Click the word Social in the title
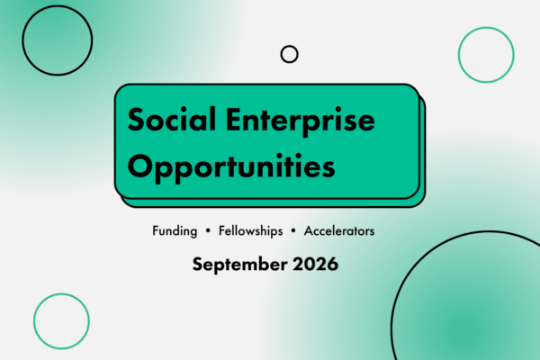click(x=172, y=119)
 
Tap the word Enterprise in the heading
click(x=301, y=121)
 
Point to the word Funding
click(x=175, y=231)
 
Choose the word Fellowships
click(x=251, y=231)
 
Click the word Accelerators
click(x=339, y=230)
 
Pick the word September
click(x=239, y=265)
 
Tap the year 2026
click(x=316, y=264)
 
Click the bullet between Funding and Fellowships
click(x=208, y=231)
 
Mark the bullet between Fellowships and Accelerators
click(x=293, y=231)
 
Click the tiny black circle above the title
click(x=289, y=46)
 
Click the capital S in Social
click(x=136, y=120)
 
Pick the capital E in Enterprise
click(x=234, y=120)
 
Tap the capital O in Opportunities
click(x=139, y=166)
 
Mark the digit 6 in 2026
click(x=332, y=264)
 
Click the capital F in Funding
click(x=156, y=230)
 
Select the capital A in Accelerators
click(x=309, y=231)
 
